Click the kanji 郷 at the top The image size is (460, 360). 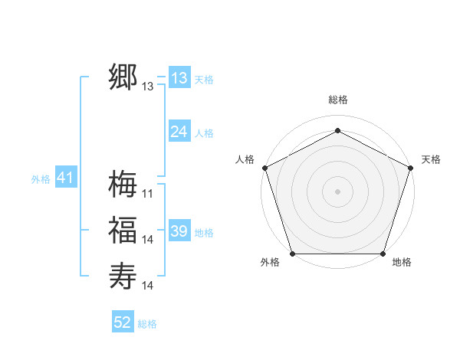[123, 78]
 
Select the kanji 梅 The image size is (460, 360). [123, 184]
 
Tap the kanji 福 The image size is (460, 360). [123, 231]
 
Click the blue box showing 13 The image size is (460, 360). [179, 78]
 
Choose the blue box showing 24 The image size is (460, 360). [179, 132]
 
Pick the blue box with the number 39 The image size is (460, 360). [179, 231]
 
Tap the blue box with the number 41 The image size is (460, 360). [64, 178]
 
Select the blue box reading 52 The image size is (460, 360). [123, 322]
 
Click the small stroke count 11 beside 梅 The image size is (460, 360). [148, 193]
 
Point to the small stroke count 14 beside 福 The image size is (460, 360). [148, 240]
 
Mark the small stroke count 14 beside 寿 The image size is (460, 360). [148, 286]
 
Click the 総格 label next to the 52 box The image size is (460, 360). [147, 324]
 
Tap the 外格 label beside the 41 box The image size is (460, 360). [41, 179]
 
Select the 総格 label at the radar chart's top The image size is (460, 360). [337, 100]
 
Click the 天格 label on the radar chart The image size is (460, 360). [431, 159]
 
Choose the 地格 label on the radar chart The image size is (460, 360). [402, 263]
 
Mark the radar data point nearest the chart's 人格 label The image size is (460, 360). [264, 167]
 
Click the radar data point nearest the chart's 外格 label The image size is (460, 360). [293, 254]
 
